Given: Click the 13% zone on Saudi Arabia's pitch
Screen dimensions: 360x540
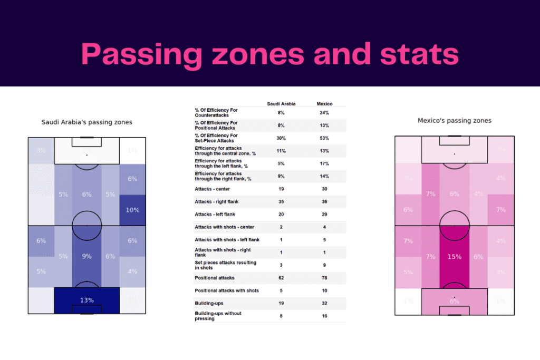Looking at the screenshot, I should [x=87, y=300].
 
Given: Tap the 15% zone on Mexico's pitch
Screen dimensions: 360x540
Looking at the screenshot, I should [x=455, y=257].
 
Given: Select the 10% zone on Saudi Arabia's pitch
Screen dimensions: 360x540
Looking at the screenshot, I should [x=132, y=210].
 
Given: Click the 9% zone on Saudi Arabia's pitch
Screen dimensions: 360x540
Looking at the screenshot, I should [x=87, y=256].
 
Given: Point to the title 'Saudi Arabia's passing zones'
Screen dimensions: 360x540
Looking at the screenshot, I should [x=87, y=122].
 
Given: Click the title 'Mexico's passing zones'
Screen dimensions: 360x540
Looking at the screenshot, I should [x=454, y=120].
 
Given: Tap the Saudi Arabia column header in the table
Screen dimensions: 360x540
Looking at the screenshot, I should [x=281, y=104].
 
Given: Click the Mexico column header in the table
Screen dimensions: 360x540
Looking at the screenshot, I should [x=324, y=104].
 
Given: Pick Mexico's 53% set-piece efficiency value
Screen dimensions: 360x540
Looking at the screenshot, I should [x=324, y=138].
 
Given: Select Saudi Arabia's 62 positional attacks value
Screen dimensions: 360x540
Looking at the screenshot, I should [x=281, y=278].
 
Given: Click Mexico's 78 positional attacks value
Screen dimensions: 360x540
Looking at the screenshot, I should [x=324, y=278].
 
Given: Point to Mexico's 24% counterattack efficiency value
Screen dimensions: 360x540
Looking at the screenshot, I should [x=324, y=113].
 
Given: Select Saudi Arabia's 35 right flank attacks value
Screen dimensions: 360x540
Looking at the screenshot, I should [x=281, y=201].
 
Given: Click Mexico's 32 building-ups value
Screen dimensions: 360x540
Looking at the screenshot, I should [x=324, y=303].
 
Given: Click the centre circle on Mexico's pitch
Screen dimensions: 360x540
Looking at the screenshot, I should [x=455, y=226].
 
